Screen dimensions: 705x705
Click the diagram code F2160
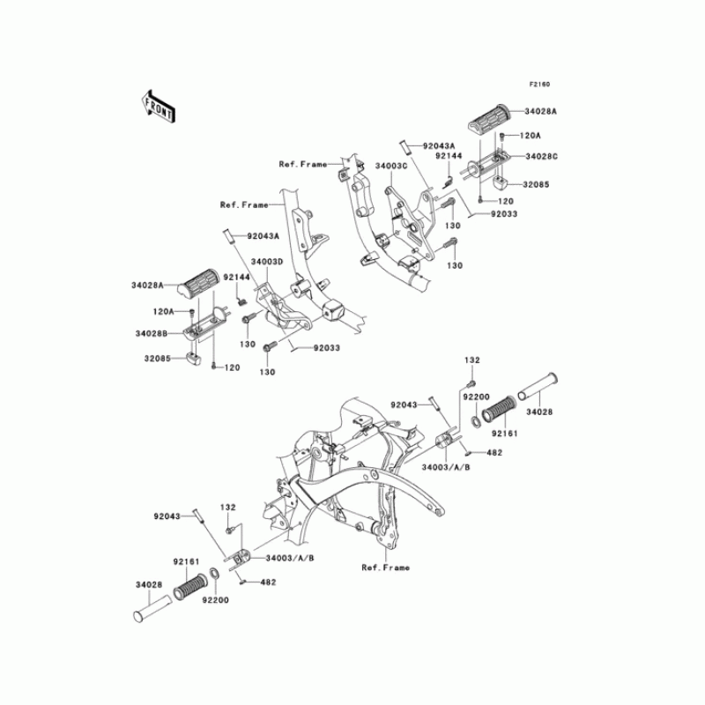[x=539, y=85]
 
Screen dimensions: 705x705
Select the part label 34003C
[x=390, y=165]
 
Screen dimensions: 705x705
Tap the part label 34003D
[x=266, y=262]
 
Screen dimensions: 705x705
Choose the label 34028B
[x=153, y=334]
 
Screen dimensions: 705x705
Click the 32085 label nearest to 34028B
[x=152, y=360]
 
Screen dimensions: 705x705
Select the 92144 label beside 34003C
[x=448, y=156]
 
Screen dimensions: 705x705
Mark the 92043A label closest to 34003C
[x=438, y=145]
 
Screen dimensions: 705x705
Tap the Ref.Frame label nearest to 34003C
[x=302, y=164]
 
